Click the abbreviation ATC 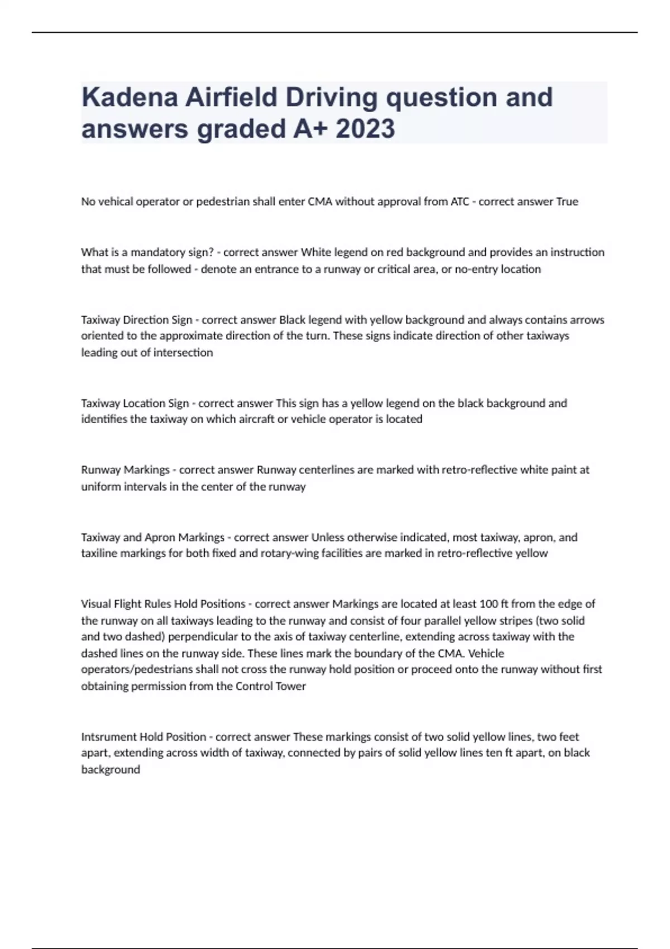460,202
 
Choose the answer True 567,202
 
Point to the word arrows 586,320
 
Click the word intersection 185,353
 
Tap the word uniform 101,487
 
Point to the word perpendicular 202,637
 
